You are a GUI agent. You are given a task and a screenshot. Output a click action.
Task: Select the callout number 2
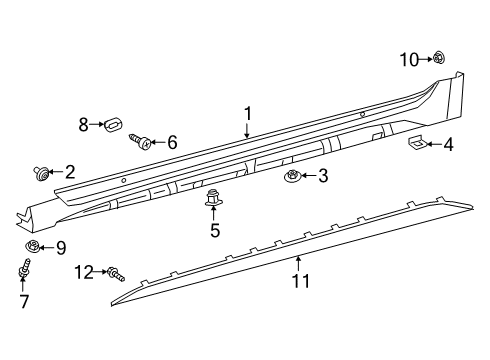(x=70, y=171)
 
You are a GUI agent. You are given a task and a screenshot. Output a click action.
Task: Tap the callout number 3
(x=322, y=177)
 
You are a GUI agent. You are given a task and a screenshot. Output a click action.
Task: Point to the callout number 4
(x=448, y=145)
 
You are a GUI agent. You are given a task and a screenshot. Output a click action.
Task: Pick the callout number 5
(x=214, y=232)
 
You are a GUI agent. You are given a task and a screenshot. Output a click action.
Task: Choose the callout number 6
(x=172, y=143)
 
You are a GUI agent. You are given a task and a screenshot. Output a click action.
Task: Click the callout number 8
(x=84, y=124)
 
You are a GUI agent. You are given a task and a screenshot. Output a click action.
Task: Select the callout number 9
(x=60, y=248)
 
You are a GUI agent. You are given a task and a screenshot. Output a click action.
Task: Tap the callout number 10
(x=410, y=60)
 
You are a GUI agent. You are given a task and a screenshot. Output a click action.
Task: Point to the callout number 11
(x=297, y=283)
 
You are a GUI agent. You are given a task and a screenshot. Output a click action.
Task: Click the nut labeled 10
(x=440, y=60)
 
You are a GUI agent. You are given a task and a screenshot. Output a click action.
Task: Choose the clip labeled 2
(x=42, y=173)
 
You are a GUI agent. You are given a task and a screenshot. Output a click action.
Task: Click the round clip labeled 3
(x=292, y=178)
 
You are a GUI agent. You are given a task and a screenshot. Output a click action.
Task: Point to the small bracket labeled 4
(x=418, y=143)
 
